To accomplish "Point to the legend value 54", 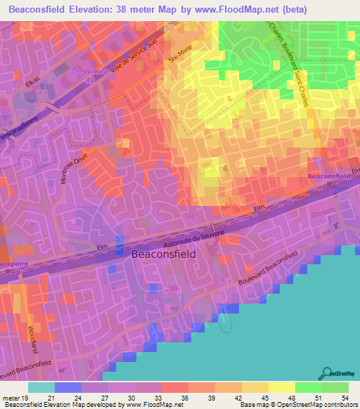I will tap(344, 397).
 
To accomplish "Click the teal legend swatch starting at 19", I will tap(41, 387).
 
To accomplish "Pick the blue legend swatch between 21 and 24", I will tap(67, 387).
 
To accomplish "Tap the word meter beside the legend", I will tap(13, 397).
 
